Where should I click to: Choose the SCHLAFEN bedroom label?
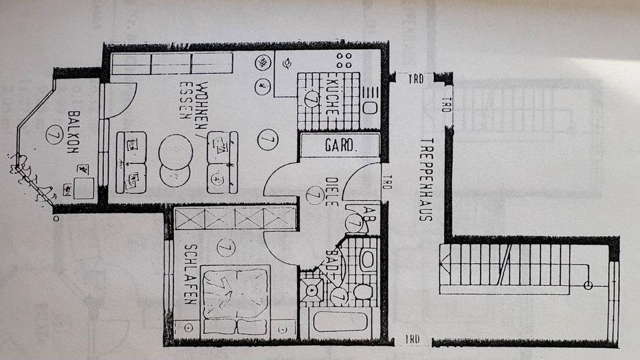(189, 273)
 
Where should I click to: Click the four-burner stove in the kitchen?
(345, 61)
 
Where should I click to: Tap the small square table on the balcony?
(83, 189)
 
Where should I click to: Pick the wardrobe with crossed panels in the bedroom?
(234, 218)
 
